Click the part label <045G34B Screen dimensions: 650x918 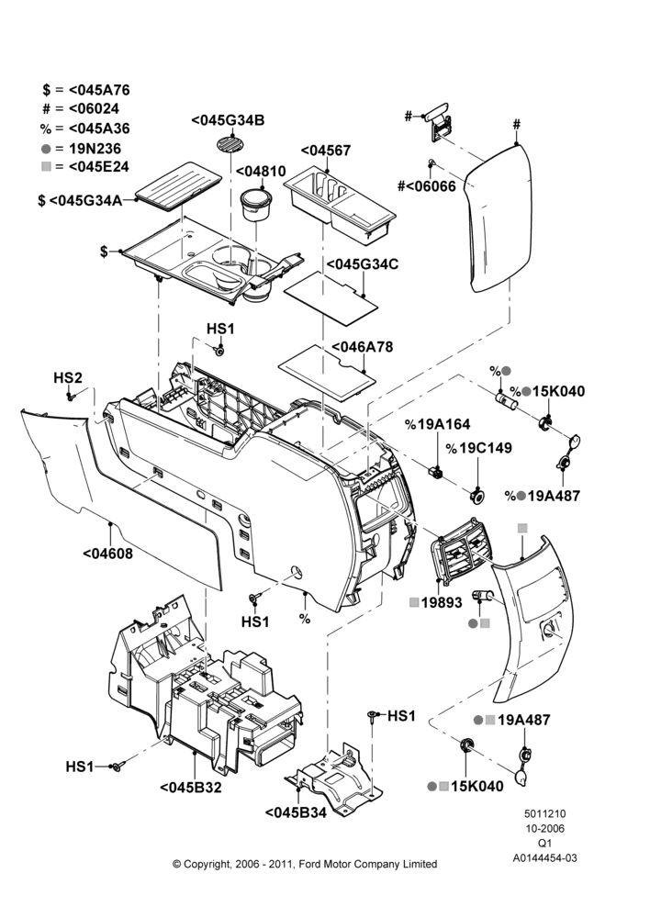click(x=228, y=120)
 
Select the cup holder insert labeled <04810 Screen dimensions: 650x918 click(x=256, y=205)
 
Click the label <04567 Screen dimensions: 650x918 click(x=326, y=151)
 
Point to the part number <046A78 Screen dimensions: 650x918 click(x=363, y=347)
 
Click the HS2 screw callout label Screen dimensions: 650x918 click(x=68, y=377)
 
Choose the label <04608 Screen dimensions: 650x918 click(x=107, y=554)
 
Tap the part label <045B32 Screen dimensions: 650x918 click(x=191, y=788)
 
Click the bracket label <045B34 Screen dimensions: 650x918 click(x=296, y=812)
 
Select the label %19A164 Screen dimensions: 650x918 click(x=437, y=424)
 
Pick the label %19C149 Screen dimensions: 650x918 click(x=479, y=448)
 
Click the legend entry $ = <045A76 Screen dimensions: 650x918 click(x=86, y=90)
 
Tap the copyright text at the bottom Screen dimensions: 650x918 click(x=305, y=864)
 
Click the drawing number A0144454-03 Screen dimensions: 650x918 click(x=544, y=857)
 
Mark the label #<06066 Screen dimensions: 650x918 click(x=426, y=186)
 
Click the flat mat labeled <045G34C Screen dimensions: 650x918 click(x=331, y=298)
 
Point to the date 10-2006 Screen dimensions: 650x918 click(x=544, y=828)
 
